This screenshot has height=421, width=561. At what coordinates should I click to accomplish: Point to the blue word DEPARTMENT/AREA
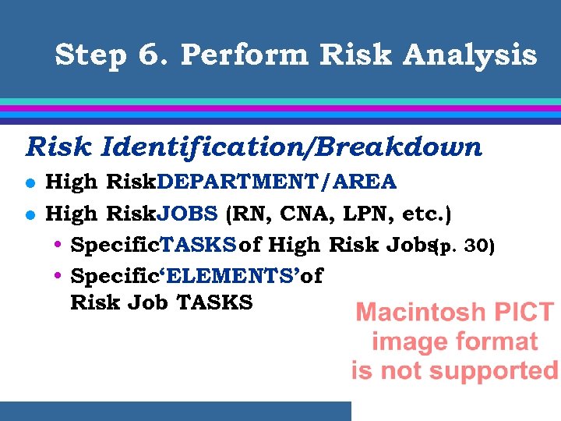tap(277, 182)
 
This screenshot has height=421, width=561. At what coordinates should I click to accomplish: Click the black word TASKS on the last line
tap(215, 302)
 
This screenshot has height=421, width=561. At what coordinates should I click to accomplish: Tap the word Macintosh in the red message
tap(415, 313)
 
